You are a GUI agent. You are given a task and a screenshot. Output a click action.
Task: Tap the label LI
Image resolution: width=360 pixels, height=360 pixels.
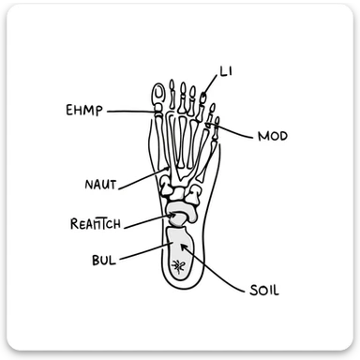pos(226,71)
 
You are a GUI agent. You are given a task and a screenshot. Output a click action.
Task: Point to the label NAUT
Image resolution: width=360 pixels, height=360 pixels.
pos(100,186)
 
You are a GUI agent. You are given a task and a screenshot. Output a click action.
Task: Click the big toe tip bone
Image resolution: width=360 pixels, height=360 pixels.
pos(159,93)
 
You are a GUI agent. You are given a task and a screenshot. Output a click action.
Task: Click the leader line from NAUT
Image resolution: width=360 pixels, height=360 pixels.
pos(141,177)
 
